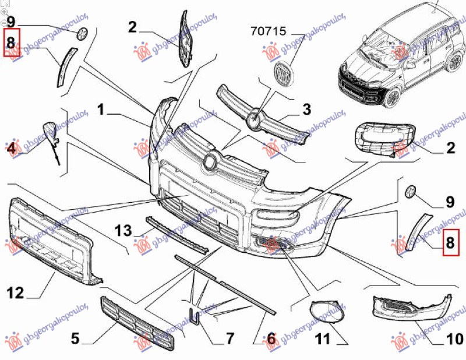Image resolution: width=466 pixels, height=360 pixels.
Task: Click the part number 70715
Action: coord(268,31)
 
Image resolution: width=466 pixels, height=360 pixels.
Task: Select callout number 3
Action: coord(306,109)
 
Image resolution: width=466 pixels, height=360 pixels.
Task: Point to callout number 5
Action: coord(75,337)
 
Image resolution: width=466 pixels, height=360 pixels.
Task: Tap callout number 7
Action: coord(229,337)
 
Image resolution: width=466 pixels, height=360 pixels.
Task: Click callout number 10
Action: coord(455,338)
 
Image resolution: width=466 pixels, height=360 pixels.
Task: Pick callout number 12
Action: coord(16,292)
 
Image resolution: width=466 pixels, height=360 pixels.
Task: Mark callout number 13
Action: coord(123,231)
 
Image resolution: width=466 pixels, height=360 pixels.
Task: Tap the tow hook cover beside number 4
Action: coord(50,131)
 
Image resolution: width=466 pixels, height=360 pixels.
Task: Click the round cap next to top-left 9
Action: coord(82,33)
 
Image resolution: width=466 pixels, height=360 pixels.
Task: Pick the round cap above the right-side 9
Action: coord(410,190)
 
